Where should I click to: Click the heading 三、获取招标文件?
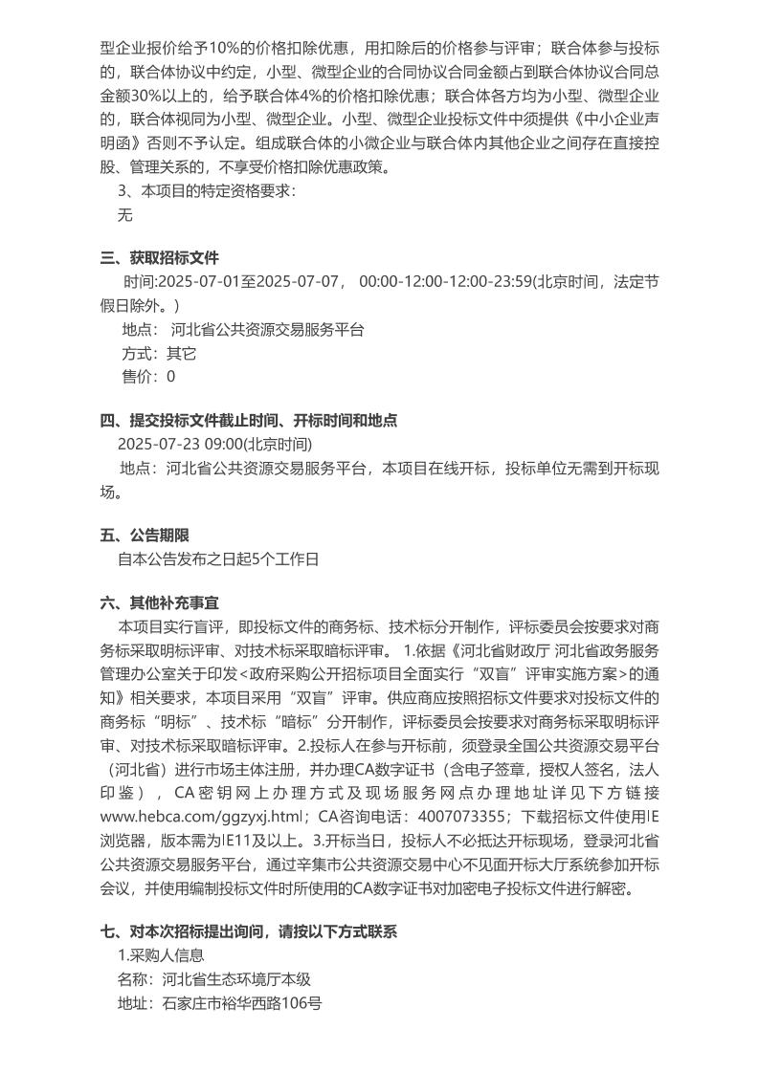pos(160,257)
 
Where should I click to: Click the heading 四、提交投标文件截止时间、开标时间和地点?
pos(249,420)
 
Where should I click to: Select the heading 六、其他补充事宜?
pos(160,602)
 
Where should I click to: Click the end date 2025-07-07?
pos(301,281)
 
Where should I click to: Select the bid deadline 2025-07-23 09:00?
pos(180,445)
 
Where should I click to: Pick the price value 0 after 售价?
pos(171,377)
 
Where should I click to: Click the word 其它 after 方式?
pos(182,353)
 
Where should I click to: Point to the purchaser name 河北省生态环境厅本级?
pos(237,979)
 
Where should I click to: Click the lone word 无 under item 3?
pos(124,215)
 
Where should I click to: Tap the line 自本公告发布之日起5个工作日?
pos(217,559)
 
